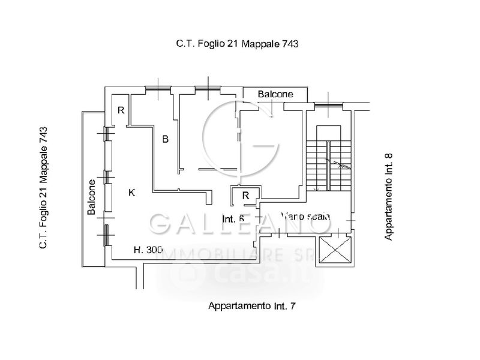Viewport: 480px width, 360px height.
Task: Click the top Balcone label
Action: pos(275,94)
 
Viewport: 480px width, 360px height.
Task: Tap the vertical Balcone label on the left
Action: pos(92,197)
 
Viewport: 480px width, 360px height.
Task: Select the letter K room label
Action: pos(132,193)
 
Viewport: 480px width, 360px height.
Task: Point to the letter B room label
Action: pos(166,139)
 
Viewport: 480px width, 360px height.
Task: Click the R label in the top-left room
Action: pos(121,110)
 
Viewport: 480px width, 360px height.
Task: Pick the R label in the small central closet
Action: pos(245,195)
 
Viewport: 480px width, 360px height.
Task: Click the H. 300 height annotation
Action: pos(148,250)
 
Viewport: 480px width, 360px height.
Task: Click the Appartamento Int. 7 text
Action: pos(252,306)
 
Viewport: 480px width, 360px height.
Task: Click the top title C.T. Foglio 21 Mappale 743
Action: pos(238,43)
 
